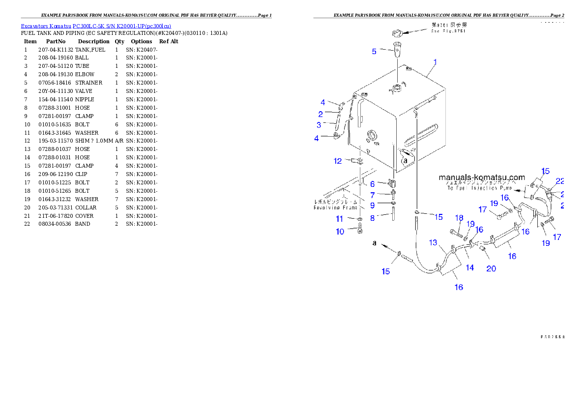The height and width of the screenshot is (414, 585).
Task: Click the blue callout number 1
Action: (435, 62)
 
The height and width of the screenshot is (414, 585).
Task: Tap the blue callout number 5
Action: (374, 51)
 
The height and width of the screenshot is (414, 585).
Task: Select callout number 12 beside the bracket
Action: (337, 161)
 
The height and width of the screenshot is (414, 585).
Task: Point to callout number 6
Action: (372, 184)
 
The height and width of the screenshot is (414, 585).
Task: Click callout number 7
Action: (372, 195)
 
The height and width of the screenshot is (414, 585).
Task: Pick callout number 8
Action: (372, 217)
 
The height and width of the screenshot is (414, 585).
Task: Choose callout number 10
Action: (340, 232)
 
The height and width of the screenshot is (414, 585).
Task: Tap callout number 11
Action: (339, 219)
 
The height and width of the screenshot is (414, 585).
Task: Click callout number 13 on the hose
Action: (433, 242)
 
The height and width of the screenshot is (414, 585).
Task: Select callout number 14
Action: (470, 267)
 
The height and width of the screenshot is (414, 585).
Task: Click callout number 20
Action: (491, 268)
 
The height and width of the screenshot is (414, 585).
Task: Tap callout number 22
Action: (559, 181)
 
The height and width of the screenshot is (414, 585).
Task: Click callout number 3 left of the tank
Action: (319, 125)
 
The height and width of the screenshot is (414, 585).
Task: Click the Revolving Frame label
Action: (332, 207)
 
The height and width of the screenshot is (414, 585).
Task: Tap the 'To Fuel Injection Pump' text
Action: (479, 188)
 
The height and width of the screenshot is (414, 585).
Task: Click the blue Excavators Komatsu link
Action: (96, 26)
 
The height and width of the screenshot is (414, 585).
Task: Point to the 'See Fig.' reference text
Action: (448, 31)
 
